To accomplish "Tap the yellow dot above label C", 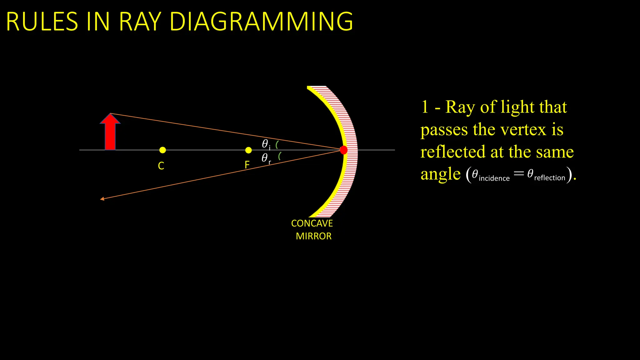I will pos(162,150).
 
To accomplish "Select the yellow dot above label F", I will pos(248,150).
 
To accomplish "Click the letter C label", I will pos(161,166).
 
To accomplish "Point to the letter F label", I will pos(247,165).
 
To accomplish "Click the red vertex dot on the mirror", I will pos(343,150).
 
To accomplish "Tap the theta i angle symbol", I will pos(265,144).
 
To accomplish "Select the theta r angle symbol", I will pos(265,158).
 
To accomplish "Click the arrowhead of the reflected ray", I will pos(102,199).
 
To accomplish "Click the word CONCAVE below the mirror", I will pos(312,223).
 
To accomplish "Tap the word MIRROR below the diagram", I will pos(313,236).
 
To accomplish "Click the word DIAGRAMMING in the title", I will pos(261,22).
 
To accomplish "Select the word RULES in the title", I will pos(42,22).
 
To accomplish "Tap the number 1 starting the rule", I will pos(425,107).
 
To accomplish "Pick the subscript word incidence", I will pos(494,178).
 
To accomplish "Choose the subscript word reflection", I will pos(549,178).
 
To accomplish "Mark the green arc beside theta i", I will pos(277,145).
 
